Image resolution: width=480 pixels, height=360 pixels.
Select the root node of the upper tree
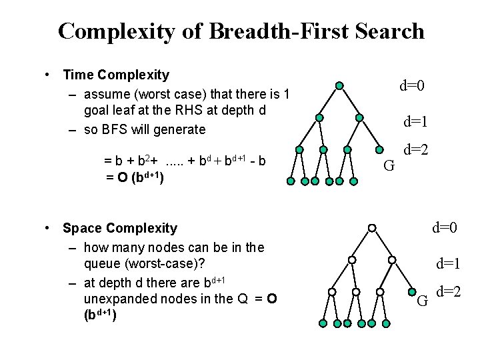click(339, 86)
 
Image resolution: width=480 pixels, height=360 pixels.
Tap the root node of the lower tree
click(372, 228)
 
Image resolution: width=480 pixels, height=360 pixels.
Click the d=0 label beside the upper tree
click(412, 85)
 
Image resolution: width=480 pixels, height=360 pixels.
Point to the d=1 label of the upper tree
click(415, 122)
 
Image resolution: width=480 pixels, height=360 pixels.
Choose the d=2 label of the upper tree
click(415, 151)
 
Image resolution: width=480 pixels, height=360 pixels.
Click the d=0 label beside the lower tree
click(444, 228)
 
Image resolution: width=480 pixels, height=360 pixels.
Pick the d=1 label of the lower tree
click(449, 263)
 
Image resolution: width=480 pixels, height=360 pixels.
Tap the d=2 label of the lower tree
click(449, 291)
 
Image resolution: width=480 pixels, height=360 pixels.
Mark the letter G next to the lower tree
click(422, 301)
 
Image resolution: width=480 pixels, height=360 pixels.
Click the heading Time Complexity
click(116, 75)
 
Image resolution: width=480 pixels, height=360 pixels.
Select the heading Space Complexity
click(120, 228)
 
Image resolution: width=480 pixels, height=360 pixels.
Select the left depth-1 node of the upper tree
click(319, 117)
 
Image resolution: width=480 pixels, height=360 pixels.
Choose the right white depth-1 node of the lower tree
click(392, 259)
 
